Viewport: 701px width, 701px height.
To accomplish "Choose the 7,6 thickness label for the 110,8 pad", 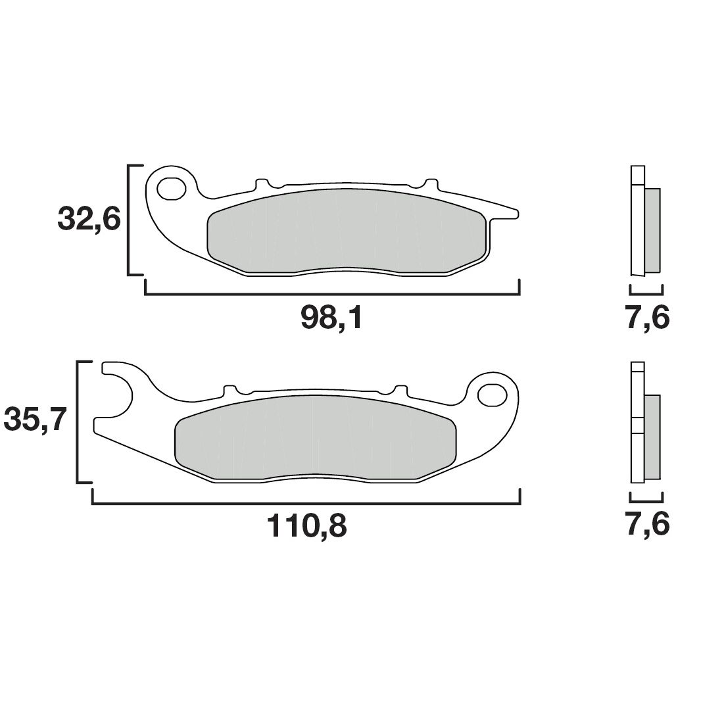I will pos(647,525).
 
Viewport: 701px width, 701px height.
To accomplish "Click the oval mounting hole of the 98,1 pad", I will pos(171,188).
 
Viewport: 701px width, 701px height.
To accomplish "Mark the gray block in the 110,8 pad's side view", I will pos(652,437).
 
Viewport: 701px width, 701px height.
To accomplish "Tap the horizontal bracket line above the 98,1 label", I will pos(332,294).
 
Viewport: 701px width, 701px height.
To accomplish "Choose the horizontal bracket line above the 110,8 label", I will pos(306,504).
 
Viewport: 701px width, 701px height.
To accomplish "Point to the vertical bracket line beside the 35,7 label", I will pos(79,422).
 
